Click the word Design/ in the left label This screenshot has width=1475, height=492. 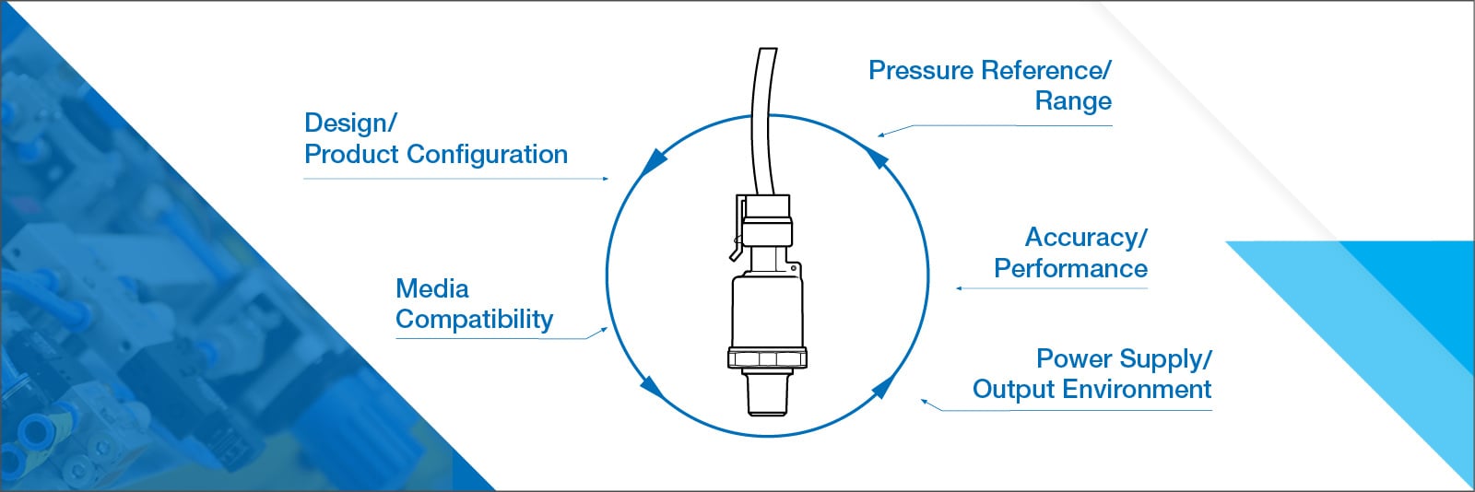point(350,123)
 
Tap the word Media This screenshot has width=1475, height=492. point(431,288)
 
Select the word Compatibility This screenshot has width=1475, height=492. point(474,320)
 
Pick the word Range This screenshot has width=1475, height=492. point(1073,101)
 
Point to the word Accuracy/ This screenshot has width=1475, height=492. point(1086,238)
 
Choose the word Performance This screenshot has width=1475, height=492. point(1070,269)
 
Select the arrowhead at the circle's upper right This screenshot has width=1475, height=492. point(879,158)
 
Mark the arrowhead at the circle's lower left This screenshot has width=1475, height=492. point(652,387)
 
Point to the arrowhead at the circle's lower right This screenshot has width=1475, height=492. point(882,386)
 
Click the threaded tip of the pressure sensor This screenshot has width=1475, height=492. point(767,394)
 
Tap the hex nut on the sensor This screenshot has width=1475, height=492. point(767,358)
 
